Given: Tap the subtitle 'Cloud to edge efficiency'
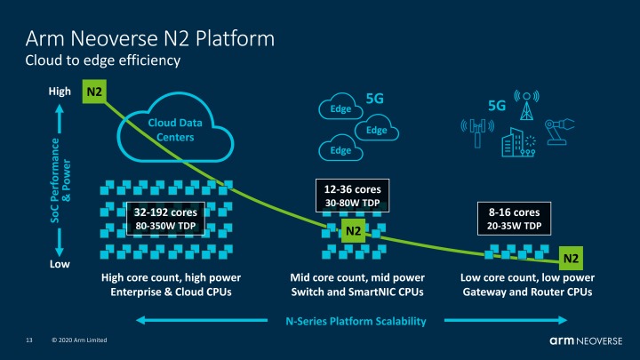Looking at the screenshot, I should (102, 60).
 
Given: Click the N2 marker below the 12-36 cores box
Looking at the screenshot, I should (354, 231).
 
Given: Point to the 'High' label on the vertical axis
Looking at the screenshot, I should (59, 92).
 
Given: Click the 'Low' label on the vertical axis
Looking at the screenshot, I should (59, 265).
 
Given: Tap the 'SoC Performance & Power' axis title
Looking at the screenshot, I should (58, 177).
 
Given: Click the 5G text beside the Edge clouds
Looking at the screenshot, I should (374, 100).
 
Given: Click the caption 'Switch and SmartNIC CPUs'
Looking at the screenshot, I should (354, 292).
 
